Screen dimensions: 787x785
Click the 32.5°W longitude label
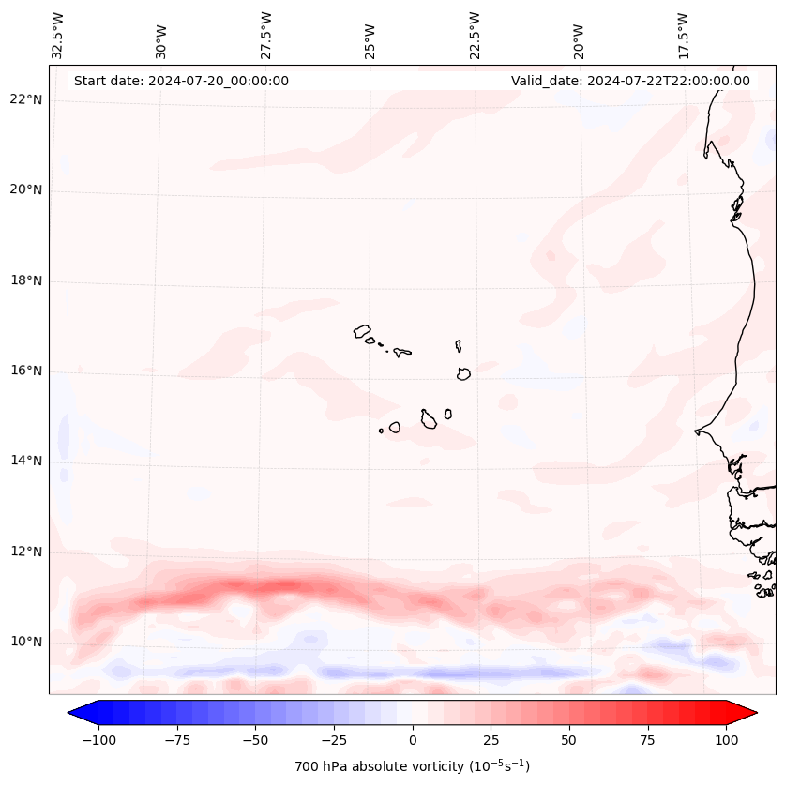58,35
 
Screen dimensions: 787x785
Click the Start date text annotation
181,81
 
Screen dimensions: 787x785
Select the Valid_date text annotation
630,81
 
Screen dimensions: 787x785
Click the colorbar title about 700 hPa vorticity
412,766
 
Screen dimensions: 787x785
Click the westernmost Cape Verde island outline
363,330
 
